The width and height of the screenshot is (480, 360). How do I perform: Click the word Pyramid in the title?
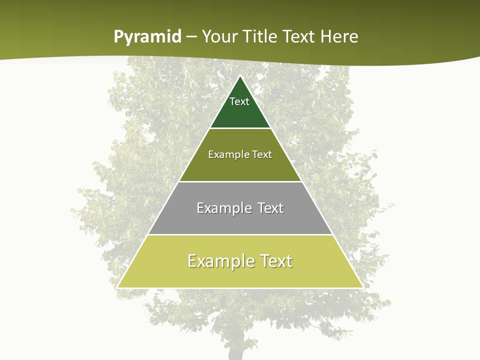[x=147, y=36]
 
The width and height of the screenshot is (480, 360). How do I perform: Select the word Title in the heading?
[x=259, y=36]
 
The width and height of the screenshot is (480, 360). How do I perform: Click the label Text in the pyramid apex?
[x=239, y=101]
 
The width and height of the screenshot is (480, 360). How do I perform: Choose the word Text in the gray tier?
[x=270, y=208]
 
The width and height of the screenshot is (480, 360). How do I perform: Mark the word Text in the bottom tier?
[x=276, y=261]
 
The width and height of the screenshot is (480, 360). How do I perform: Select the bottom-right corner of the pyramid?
[x=362, y=287]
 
